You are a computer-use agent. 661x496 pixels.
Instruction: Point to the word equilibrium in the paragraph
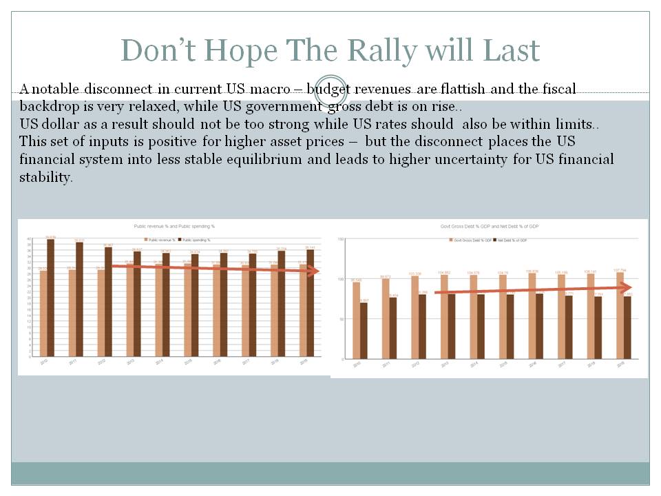(361, 159)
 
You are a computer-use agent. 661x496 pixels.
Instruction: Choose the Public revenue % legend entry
(155, 240)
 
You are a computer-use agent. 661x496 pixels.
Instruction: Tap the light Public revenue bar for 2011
(72, 313)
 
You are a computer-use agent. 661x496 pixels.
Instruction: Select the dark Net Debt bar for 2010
(364, 331)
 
